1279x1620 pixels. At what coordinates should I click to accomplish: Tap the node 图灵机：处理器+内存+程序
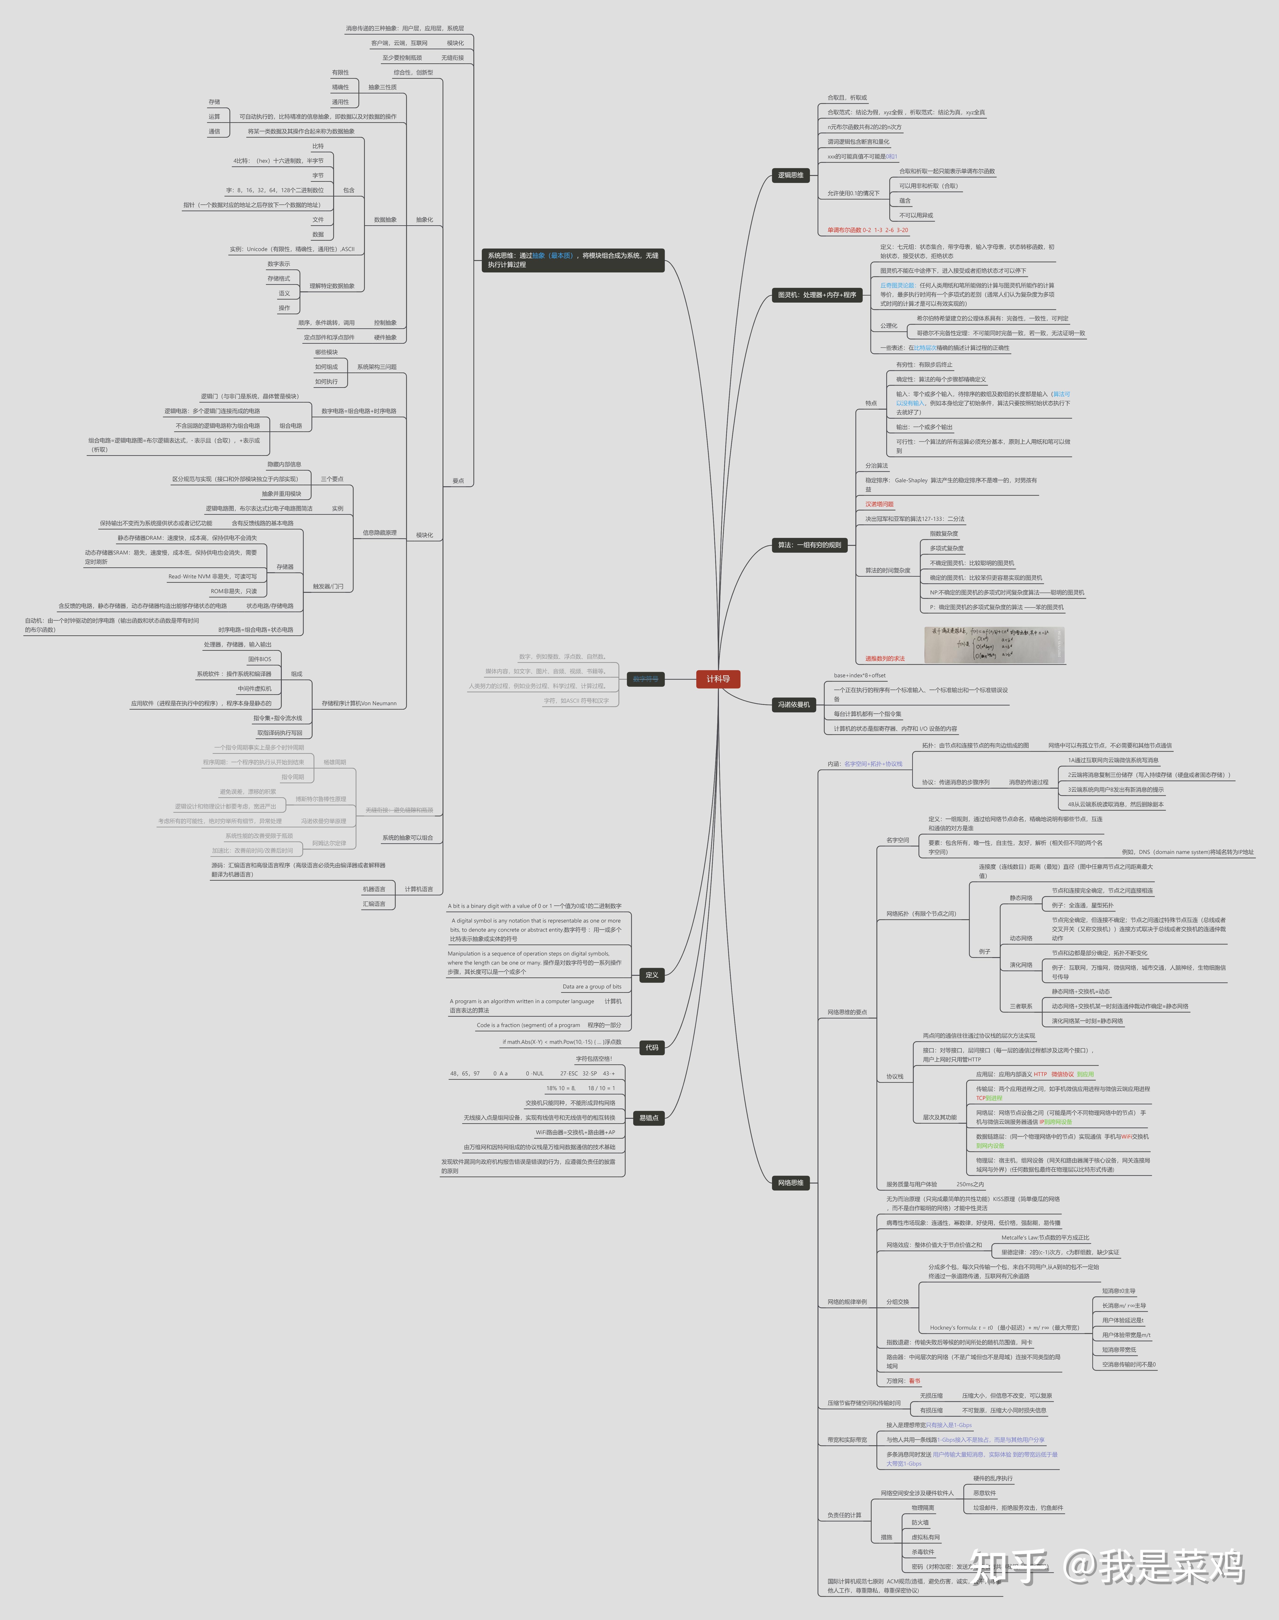[816, 295]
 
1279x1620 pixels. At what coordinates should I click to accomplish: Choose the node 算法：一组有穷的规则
[809, 545]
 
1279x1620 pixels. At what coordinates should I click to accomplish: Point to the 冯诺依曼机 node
[793, 705]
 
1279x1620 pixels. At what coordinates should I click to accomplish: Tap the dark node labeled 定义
[651, 975]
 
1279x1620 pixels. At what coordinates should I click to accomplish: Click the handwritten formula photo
[994, 645]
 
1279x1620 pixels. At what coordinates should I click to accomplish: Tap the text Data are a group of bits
[592, 986]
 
